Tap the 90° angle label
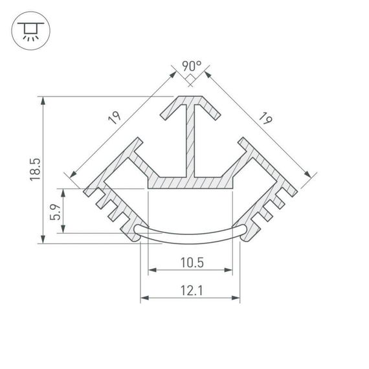click(191, 66)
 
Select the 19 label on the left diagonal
click(114, 118)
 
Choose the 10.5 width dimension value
click(190, 262)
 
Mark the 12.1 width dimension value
click(190, 291)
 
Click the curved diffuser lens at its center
click(190, 234)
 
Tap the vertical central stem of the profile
click(190, 139)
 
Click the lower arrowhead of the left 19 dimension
click(71, 175)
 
